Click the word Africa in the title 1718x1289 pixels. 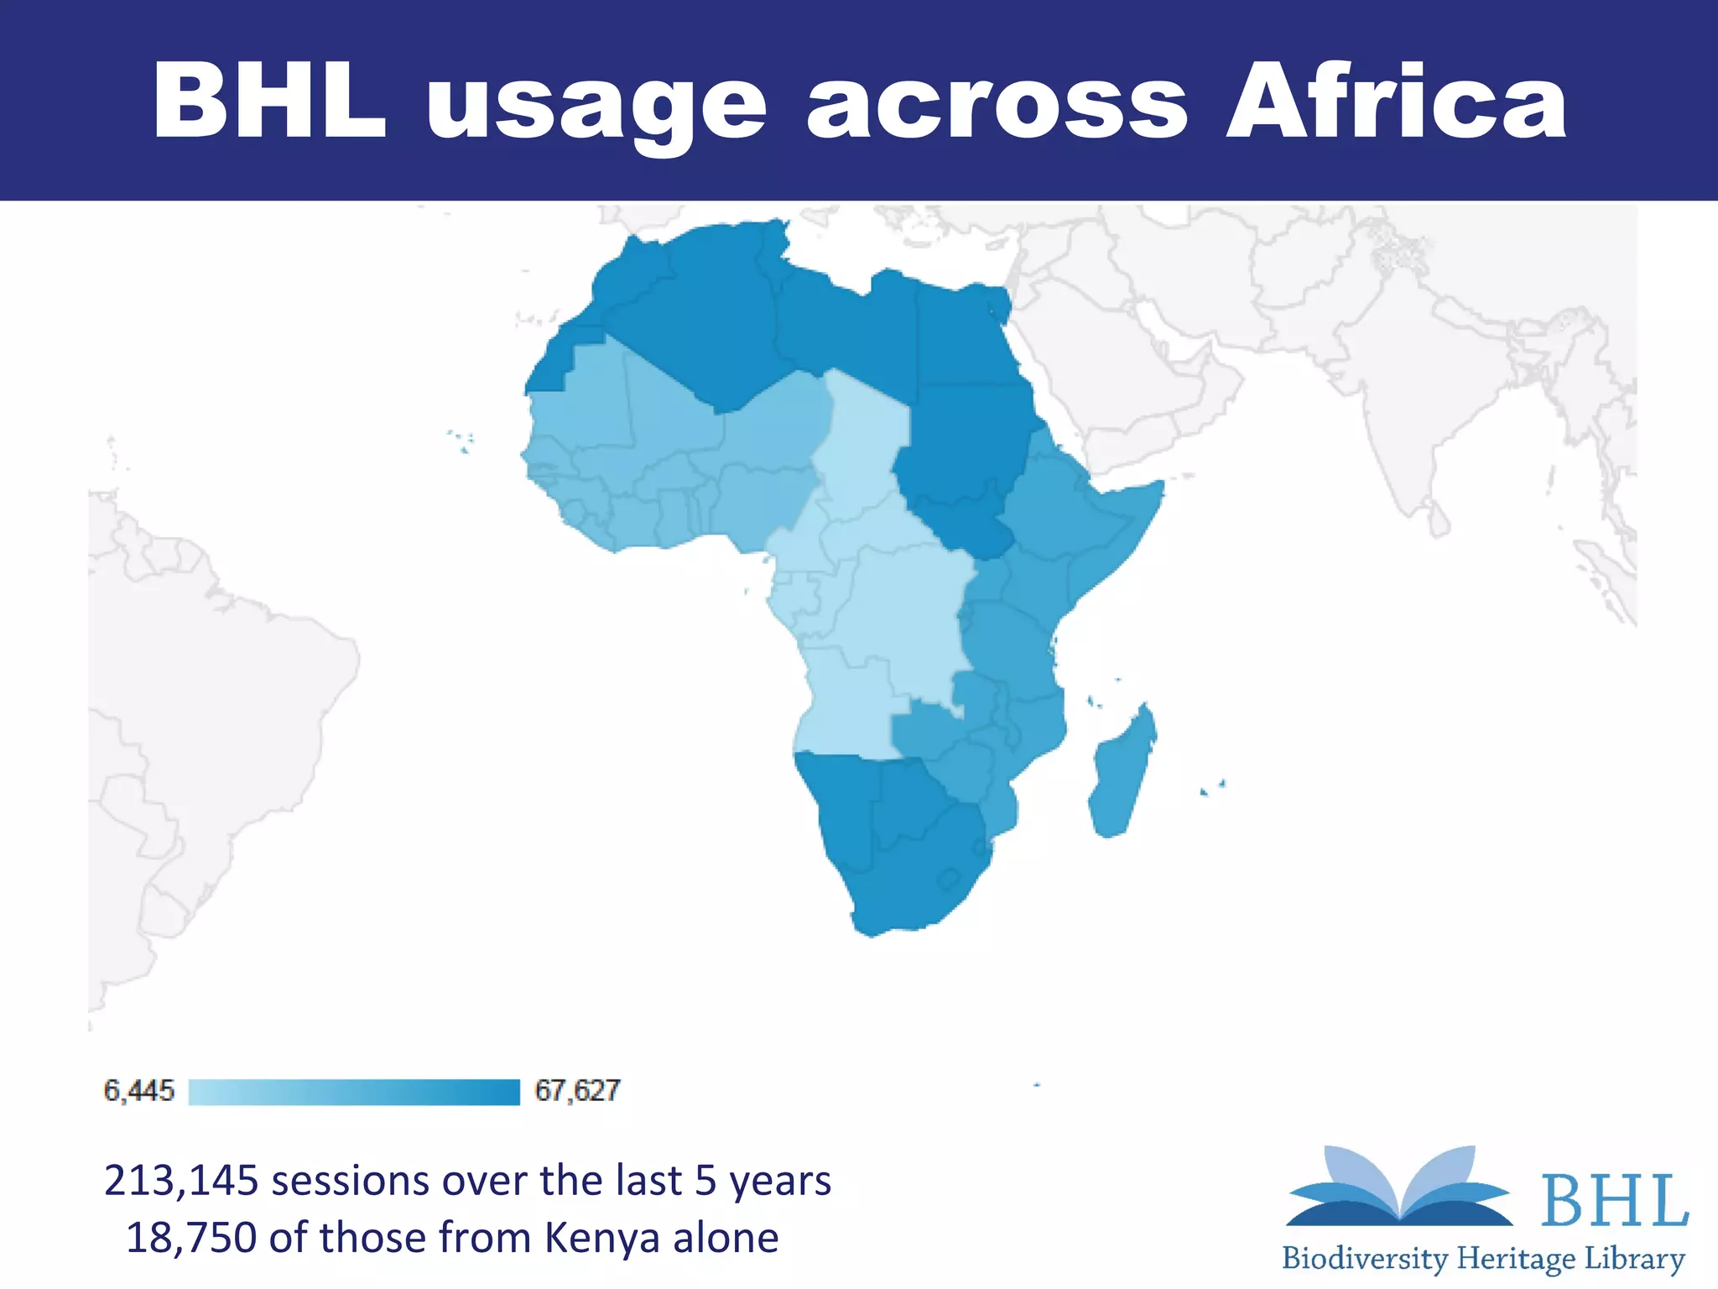[x=1396, y=102]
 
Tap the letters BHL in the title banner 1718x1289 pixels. [x=270, y=102]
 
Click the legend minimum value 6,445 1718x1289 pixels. [x=138, y=1091]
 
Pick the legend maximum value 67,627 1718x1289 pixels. [x=577, y=1091]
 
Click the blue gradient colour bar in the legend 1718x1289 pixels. [x=354, y=1092]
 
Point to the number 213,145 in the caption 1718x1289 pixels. [x=182, y=1181]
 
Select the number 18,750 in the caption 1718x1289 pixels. [x=190, y=1238]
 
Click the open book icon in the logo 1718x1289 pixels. [x=1399, y=1188]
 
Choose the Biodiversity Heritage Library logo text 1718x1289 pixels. [x=1483, y=1259]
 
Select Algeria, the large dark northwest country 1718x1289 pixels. [x=696, y=319]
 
